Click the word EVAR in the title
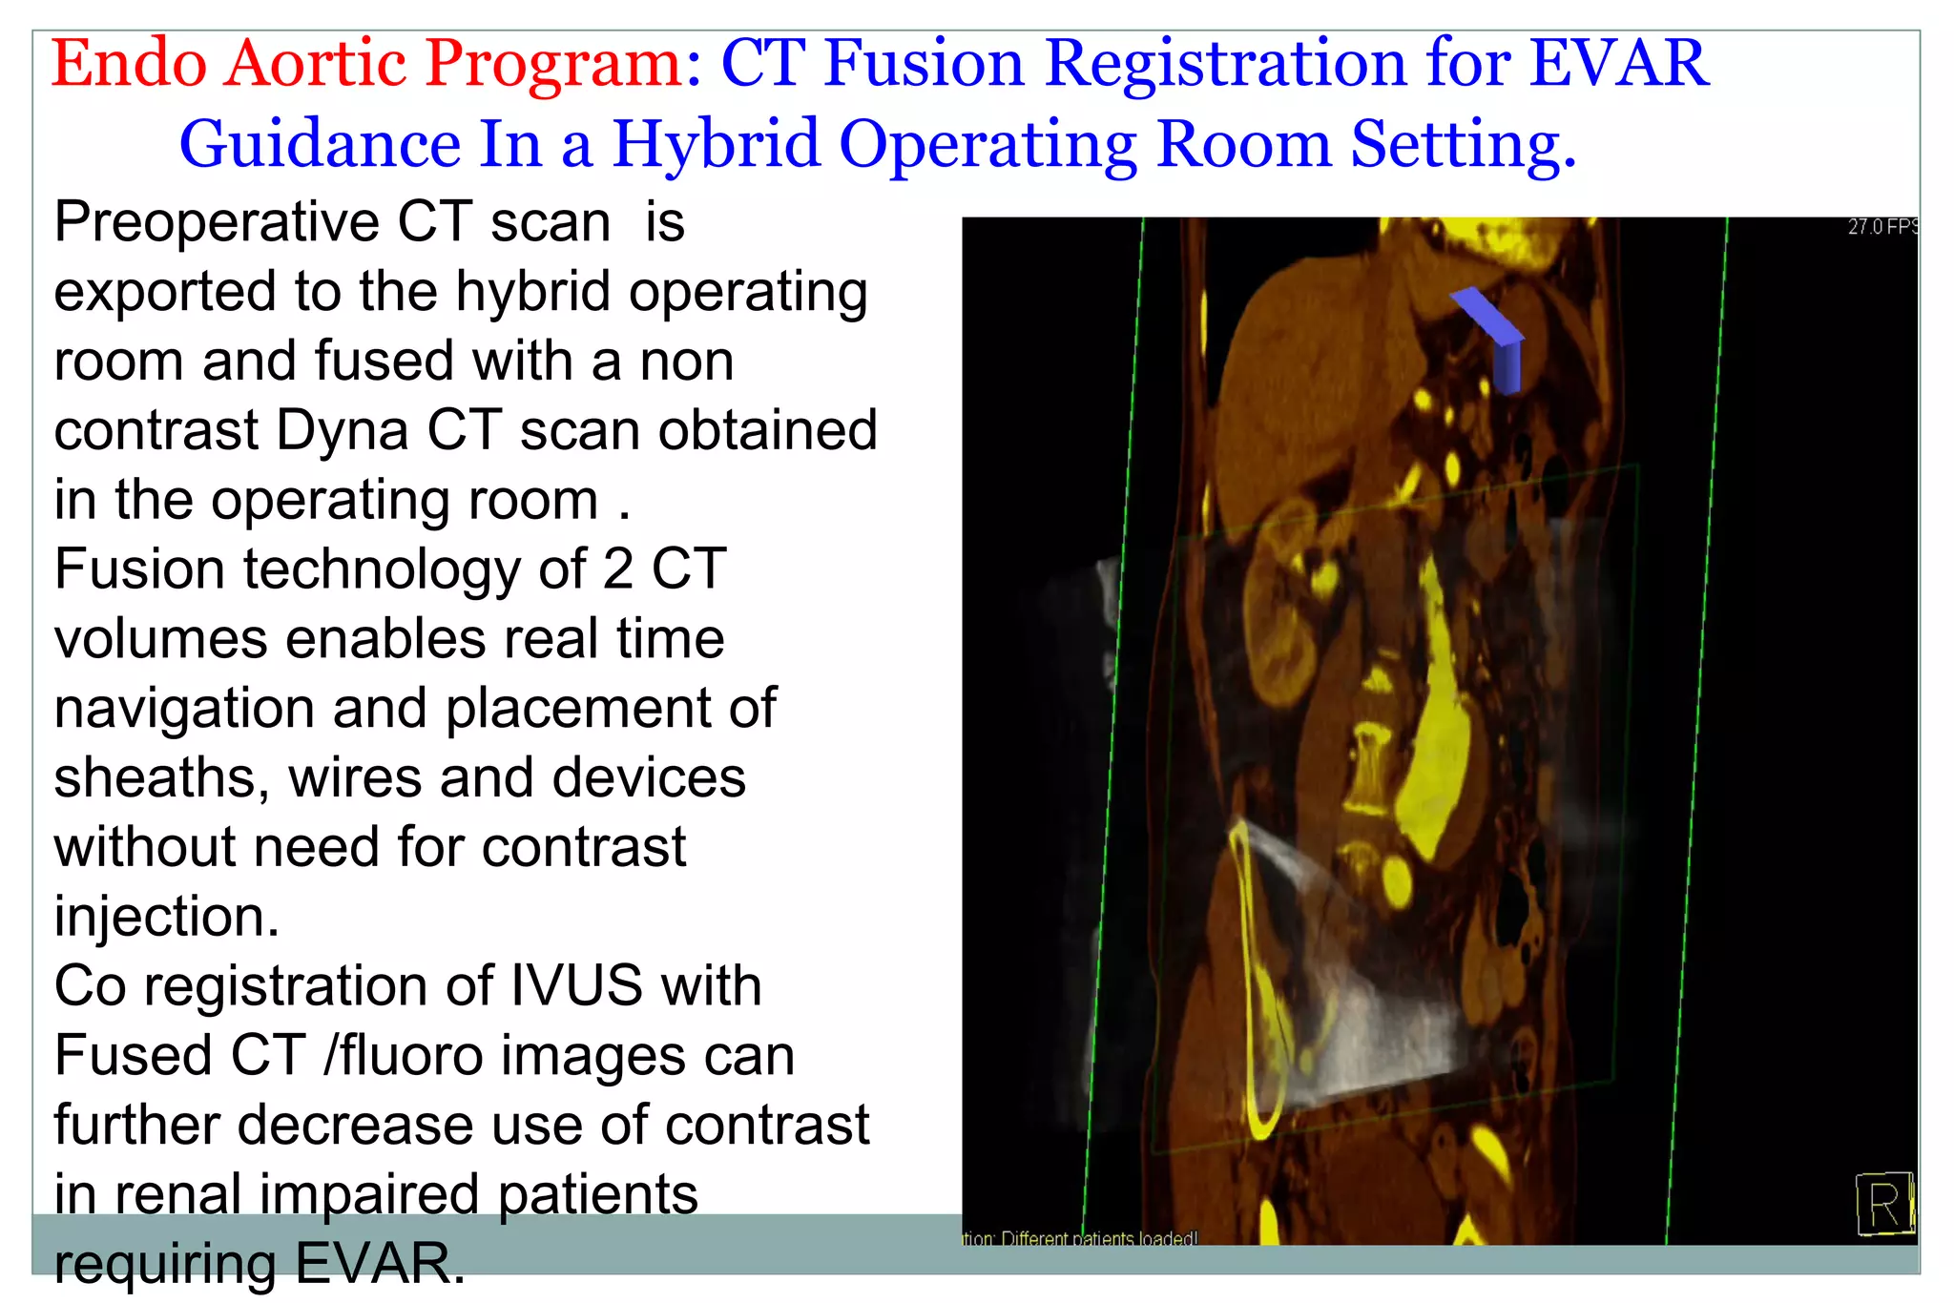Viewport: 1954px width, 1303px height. point(1618,63)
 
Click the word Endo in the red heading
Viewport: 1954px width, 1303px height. point(129,63)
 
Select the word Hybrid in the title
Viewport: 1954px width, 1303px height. point(716,144)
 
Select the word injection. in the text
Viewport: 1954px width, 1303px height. point(166,916)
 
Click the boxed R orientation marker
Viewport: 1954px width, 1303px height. point(1883,1204)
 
